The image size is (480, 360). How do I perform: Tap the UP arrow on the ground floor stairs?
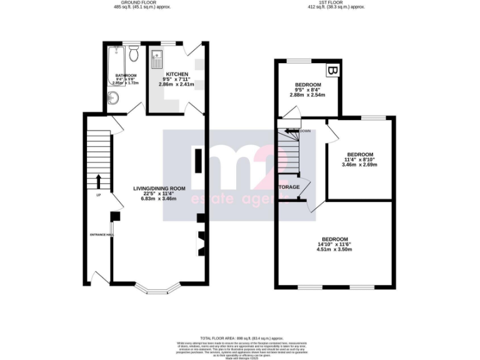pyautogui.click(x=98, y=182)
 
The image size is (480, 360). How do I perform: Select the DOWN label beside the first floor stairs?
pyautogui.click(x=305, y=131)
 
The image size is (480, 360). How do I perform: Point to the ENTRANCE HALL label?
pyautogui.click(x=101, y=234)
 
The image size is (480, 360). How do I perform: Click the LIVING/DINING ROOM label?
pyautogui.click(x=159, y=188)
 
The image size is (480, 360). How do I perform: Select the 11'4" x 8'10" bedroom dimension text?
pyautogui.click(x=360, y=159)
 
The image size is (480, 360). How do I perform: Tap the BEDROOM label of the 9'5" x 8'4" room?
pyautogui.click(x=308, y=85)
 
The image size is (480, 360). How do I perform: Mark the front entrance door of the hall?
pyautogui.click(x=97, y=277)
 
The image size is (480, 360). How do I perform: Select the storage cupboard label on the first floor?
pyautogui.click(x=289, y=187)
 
